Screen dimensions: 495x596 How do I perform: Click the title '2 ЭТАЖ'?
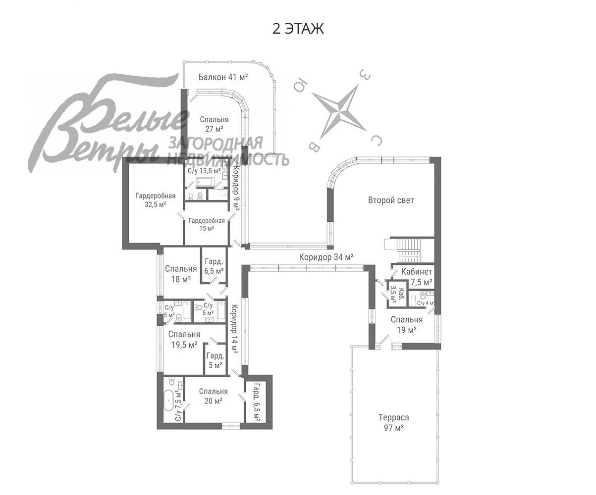pos(298,29)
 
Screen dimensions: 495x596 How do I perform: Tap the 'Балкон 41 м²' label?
pos(223,77)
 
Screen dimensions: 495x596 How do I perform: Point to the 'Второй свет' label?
pos(391,200)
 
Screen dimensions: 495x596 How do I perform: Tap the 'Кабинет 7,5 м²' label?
pos(417,277)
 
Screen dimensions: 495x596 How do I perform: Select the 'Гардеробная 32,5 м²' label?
pos(155,200)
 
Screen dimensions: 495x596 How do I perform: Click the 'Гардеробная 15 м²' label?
pos(207,224)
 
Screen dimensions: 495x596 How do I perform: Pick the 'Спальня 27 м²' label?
pos(214,124)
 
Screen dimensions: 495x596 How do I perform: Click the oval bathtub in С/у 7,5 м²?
pos(169,400)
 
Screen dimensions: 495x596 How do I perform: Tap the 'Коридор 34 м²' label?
pos(326,257)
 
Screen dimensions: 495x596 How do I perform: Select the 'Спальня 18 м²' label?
pos(181,274)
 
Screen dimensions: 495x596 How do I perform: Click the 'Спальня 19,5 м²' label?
pos(184,340)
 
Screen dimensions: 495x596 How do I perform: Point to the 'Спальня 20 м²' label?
pos(214,396)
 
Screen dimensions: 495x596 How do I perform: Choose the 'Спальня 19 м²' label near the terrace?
pos(406,324)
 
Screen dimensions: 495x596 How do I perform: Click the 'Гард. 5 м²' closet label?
pos(215,360)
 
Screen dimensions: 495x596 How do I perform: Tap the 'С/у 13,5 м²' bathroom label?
pos(204,171)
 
